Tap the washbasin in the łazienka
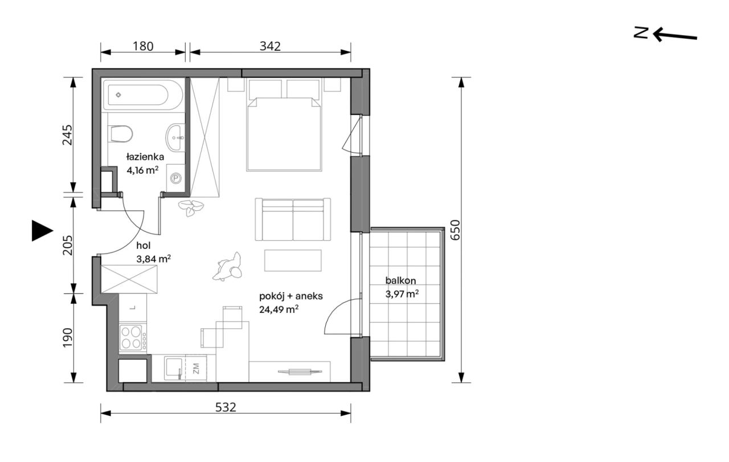(x=176, y=137)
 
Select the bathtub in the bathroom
(x=143, y=95)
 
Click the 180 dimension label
(x=143, y=46)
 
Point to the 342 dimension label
(x=270, y=46)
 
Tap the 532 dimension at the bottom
(x=226, y=407)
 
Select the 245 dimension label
(x=67, y=135)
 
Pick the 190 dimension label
(x=67, y=338)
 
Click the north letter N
(x=641, y=32)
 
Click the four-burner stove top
(x=133, y=338)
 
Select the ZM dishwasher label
(x=196, y=368)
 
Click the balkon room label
(x=400, y=280)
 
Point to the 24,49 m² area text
(x=279, y=309)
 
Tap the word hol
(x=144, y=245)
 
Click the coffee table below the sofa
(x=293, y=260)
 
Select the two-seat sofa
(x=293, y=219)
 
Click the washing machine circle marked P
(x=176, y=178)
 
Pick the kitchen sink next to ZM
(x=175, y=368)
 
